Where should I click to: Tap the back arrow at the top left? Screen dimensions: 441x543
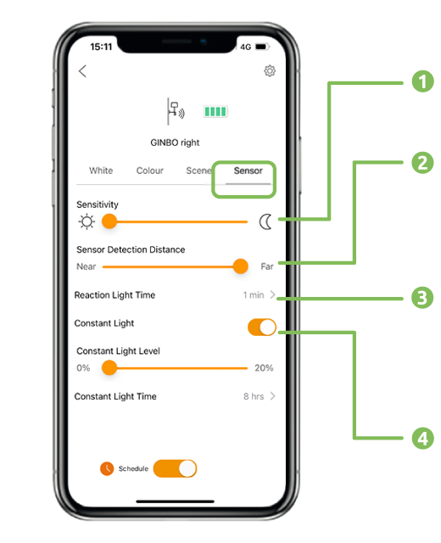tap(82, 71)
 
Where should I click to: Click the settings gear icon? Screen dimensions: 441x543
tap(270, 70)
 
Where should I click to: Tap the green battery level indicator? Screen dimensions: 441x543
tap(215, 111)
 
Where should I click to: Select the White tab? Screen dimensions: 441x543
tap(101, 171)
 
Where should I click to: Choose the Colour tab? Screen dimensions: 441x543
tap(150, 171)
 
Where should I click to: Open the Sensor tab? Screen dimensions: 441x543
tap(248, 171)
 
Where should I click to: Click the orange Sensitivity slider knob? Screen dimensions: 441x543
tap(109, 221)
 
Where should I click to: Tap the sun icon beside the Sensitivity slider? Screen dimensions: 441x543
tap(87, 221)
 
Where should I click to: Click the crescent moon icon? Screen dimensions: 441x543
tap(265, 221)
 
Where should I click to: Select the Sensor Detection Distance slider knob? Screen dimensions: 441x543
tap(241, 266)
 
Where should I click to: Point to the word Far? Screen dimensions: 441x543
tap(267, 266)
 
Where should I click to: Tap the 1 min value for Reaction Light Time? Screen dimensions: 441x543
tap(254, 295)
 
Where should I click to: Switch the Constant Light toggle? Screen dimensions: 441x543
tap(262, 327)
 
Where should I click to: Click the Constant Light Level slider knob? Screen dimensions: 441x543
tap(109, 367)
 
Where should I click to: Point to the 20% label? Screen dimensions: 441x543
tap(264, 367)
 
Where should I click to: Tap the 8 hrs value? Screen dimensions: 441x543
tap(254, 396)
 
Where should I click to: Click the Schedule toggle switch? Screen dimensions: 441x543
tap(176, 468)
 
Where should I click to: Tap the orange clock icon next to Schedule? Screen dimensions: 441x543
tap(107, 468)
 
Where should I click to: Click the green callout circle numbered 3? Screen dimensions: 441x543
tap(422, 298)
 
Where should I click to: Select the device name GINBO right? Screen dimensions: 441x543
tap(175, 143)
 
